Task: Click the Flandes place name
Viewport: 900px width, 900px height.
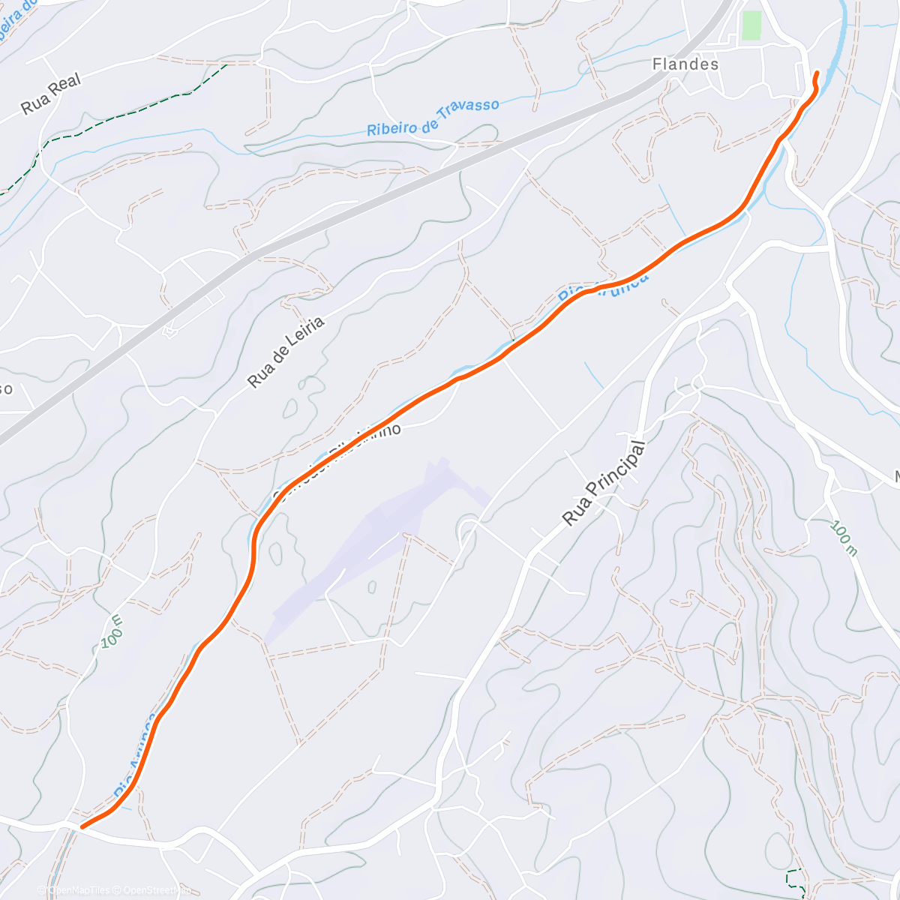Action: [685, 64]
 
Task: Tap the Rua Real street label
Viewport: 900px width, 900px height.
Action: [50, 94]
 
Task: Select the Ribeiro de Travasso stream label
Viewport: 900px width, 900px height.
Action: [433, 118]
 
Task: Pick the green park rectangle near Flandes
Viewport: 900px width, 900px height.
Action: [751, 25]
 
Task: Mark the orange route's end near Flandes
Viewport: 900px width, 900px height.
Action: [816, 73]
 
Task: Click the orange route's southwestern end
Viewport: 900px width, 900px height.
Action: [82, 826]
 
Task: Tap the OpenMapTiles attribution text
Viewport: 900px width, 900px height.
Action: [79, 890]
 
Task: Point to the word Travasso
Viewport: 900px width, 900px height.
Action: [469, 109]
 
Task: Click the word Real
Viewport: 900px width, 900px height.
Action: [66, 85]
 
